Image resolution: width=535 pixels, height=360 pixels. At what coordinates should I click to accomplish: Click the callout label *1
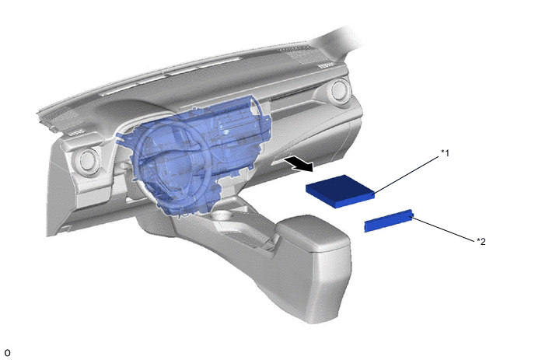[x=445, y=153]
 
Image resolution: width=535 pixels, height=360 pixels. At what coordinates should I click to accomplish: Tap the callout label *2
[x=481, y=241]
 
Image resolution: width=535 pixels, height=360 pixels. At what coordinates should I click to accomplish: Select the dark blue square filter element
[x=340, y=191]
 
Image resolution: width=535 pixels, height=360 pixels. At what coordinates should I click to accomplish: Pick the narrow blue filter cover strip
[x=389, y=221]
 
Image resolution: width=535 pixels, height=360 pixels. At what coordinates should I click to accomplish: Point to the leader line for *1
[x=407, y=176]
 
